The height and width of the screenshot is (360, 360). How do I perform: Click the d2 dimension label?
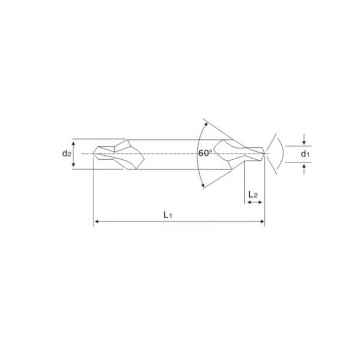(x=66, y=154)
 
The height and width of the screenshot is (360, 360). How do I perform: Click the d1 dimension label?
(x=305, y=154)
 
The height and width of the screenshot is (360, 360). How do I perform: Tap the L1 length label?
(x=168, y=215)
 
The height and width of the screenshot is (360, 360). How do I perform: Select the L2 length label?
(x=253, y=195)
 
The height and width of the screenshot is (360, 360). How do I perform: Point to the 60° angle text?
(x=205, y=153)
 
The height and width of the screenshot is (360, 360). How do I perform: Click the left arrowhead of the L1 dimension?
(x=97, y=221)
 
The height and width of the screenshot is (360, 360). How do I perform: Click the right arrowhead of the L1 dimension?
(x=262, y=221)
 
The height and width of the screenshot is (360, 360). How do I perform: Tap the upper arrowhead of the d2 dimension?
(x=74, y=144)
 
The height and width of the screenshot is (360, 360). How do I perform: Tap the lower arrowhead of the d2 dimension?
(x=74, y=164)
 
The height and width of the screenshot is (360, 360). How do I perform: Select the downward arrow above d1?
(x=304, y=139)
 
